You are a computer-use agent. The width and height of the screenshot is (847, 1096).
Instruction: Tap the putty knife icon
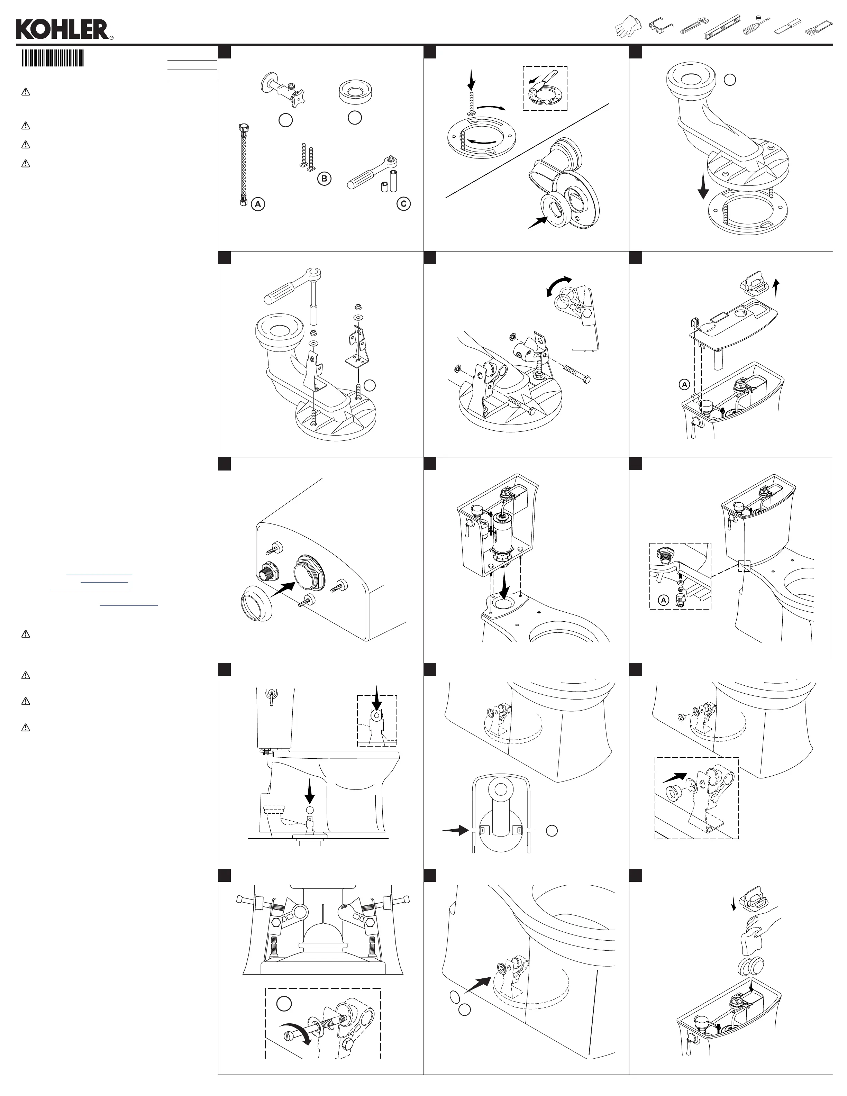pyautogui.click(x=786, y=26)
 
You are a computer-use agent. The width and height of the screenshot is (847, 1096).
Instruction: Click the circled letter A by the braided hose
pyautogui.click(x=258, y=204)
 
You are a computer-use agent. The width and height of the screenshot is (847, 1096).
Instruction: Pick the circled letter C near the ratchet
pyautogui.click(x=403, y=204)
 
